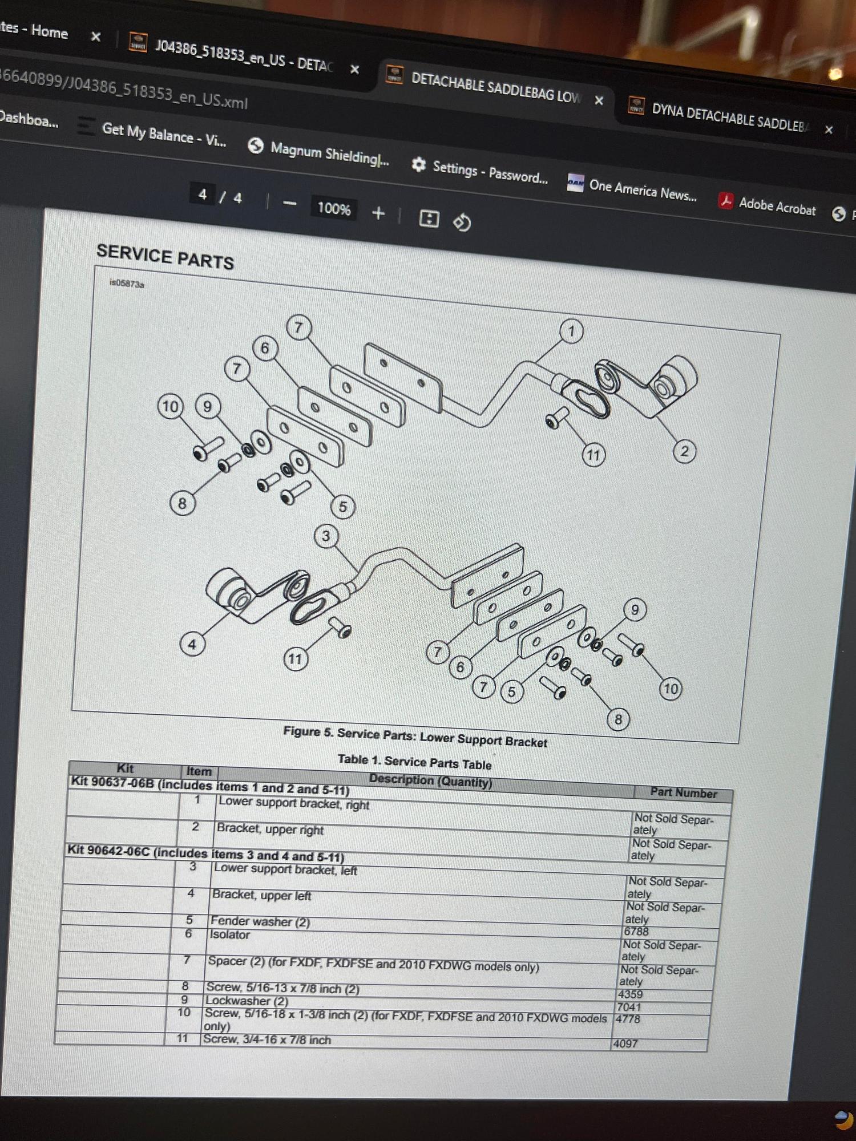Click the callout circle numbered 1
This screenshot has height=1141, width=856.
point(571,331)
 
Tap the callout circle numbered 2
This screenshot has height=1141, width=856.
point(684,452)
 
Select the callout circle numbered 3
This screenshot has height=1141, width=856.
point(326,536)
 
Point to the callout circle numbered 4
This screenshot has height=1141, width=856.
point(192,645)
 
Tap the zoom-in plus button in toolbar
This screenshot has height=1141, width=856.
point(378,213)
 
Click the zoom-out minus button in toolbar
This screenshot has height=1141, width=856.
point(289,203)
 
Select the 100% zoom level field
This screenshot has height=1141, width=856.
point(334,208)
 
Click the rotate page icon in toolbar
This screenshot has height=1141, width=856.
point(462,221)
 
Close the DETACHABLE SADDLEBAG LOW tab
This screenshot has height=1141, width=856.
point(599,100)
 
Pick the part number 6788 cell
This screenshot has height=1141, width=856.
point(636,931)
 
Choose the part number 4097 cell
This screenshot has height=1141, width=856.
point(625,1043)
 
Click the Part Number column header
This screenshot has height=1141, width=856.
point(684,792)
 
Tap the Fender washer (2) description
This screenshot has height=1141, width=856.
point(260,921)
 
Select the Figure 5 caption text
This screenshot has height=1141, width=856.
point(415,737)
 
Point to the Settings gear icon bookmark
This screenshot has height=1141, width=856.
point(419,165)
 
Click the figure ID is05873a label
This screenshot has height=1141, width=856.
point(127,283)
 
